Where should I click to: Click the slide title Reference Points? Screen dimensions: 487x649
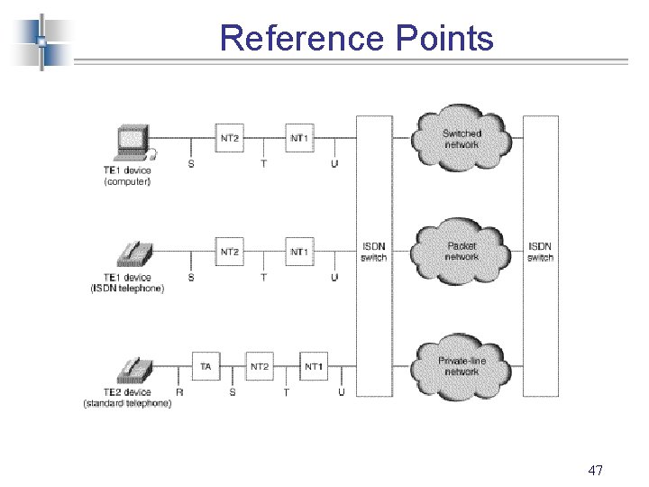pyautogui.click(x=356, y=38)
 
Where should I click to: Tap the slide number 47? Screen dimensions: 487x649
pyautogui.click(x=595, y=471)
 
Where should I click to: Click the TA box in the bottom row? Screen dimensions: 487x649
pyautogui.click(x=206, y=366)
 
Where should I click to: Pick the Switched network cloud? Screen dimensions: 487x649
pyautogui.click(x=462, y=139)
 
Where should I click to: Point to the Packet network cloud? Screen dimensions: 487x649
pyautogui.click(x=462, y=252)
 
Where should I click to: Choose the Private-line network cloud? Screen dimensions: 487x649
pyautogui.click(x=462, y=366)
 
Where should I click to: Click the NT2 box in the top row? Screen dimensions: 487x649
pyautogui.click(x=230, y=138)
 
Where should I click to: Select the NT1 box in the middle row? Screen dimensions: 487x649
pyautogui.click(x=299, y=251)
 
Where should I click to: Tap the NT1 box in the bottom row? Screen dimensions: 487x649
pyautogui.click(x=313, y=366)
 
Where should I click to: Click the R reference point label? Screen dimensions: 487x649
pyautogui.click(x=179, y=392)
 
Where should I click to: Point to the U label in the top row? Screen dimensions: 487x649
pyautogui.click(x=334, y=164)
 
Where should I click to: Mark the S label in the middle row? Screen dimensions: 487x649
pyautogui.click(x=190, y=278)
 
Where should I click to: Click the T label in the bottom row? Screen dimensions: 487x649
pyautogui.click(x=287, y=392)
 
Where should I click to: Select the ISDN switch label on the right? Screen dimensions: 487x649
pyautogui.click(x=540, y=252)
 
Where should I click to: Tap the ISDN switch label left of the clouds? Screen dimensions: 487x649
pyautogui.click(x=373, y=252)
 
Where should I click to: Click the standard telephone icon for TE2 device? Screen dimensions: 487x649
pyautogui.click(x=133, y=371)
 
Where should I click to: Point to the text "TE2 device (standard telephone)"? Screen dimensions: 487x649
pyautogui.click(x=127, y=398)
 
